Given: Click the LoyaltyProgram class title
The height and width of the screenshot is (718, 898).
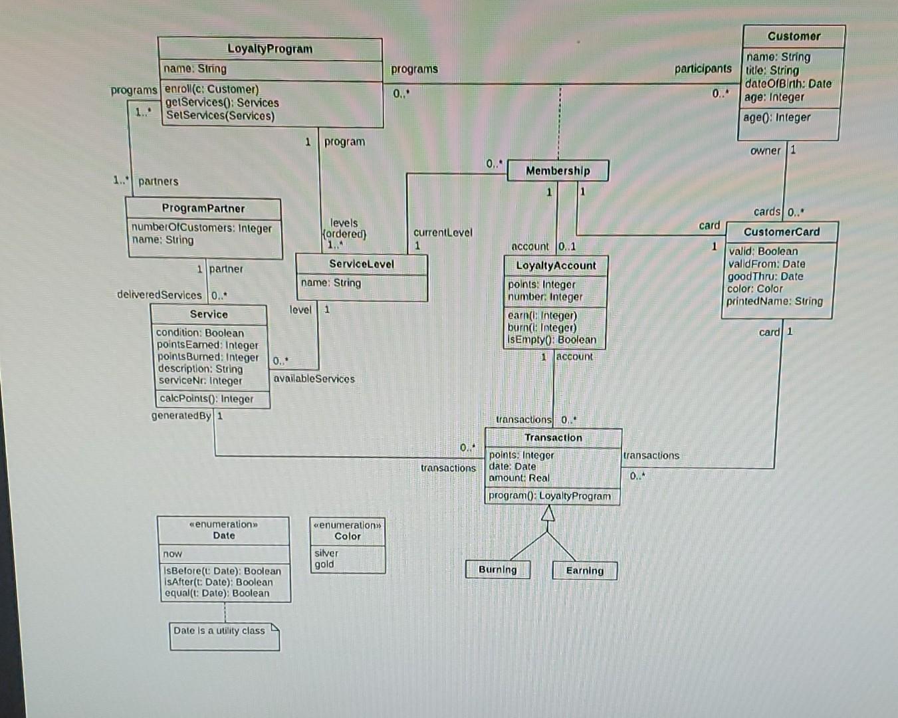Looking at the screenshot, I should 270,49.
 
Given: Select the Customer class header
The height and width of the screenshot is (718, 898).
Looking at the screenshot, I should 794,36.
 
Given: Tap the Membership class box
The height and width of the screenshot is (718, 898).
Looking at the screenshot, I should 558,171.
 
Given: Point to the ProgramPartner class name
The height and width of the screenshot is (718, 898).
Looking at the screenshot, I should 203,208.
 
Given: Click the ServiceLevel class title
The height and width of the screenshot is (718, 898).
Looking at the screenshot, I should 362,264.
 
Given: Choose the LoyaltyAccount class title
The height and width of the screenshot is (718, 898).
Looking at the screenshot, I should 556,265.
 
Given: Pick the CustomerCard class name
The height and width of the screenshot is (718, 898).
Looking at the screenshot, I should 781,232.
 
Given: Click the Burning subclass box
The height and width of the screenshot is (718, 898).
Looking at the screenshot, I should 497,570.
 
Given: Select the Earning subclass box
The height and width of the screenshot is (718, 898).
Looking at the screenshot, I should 585,570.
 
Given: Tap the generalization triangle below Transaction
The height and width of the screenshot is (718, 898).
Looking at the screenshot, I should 548,513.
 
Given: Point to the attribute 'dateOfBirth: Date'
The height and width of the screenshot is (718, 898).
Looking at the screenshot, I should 788,84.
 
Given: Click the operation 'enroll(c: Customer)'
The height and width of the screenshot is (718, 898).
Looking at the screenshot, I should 211,89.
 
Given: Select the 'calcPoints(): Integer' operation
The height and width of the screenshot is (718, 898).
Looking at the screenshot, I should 207,399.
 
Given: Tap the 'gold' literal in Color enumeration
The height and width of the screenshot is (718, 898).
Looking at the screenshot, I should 324,564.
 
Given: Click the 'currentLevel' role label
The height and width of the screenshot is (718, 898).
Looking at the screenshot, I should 443,233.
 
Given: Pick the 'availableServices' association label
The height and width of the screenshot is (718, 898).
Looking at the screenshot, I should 314,379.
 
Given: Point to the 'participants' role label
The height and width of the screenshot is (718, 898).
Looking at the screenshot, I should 703,68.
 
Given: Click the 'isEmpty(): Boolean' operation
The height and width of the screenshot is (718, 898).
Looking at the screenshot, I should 552,340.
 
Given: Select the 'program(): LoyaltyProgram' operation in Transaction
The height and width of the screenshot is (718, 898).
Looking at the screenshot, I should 549,496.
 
